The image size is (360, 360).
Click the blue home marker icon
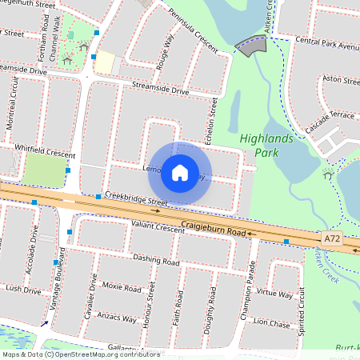tap(180, 172)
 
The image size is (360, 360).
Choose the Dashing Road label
tap(156, 260)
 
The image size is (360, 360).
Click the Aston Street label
tap(339, 79)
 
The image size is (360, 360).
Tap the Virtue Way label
tap(274, 294)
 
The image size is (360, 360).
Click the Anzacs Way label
tap(117, 318)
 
